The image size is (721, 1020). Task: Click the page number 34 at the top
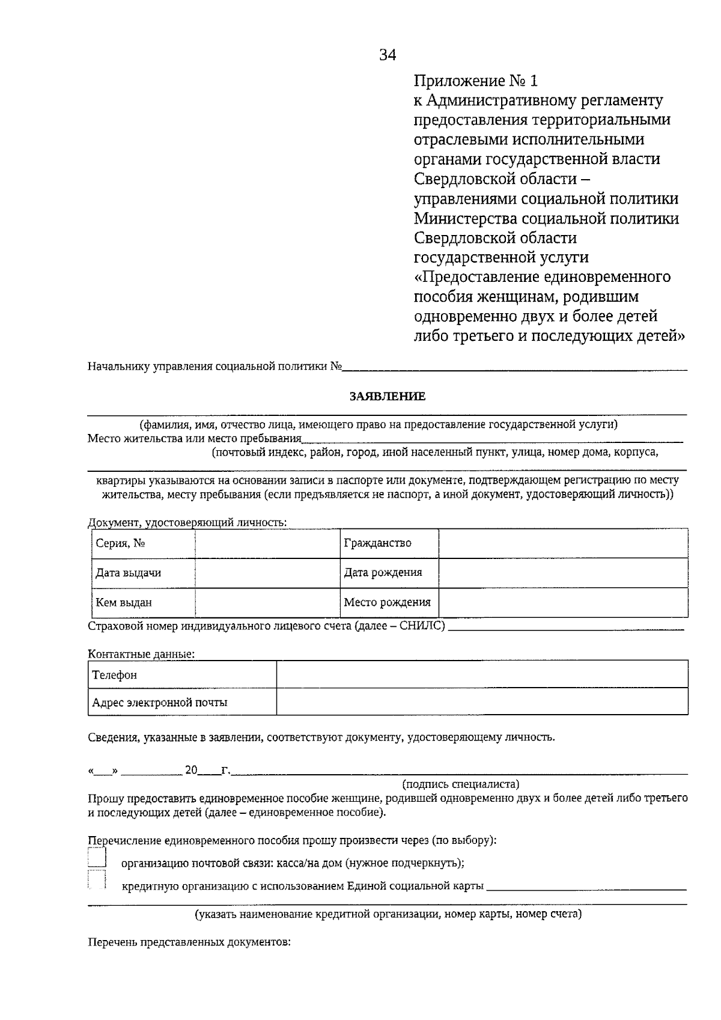388,56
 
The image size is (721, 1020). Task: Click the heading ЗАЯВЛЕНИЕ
388,396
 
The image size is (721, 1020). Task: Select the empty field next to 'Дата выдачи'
267,573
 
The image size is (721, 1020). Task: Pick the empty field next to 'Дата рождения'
563,573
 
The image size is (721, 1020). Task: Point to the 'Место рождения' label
388,602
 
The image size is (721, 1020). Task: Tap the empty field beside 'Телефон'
482,674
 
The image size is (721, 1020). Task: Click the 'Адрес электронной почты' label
160,702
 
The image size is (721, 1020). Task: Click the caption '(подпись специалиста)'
460,784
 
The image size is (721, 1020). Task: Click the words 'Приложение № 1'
475,81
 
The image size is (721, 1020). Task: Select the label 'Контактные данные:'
141,654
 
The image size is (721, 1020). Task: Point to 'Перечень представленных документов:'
189,942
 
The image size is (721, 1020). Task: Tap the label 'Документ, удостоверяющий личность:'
187,522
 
